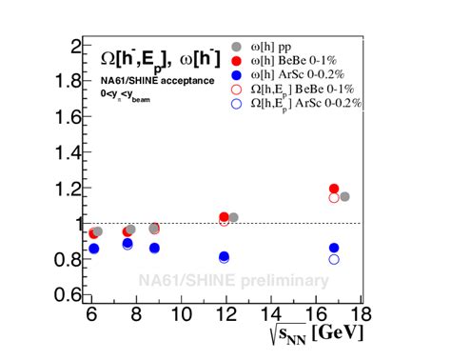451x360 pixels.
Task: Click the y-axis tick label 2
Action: tap(75, 46)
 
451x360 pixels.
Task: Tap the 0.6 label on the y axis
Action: tap(68, 294)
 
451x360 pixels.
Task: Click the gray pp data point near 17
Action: tap(344, 196)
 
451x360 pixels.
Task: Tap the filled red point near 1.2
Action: tap(334, 190)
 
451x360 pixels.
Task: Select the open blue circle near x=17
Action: tap(334, 259)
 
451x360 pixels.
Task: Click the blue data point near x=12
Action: tap(224, 257)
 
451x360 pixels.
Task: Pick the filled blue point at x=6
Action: tap(93, 249)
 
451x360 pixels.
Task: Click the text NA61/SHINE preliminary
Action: tap(233, 281)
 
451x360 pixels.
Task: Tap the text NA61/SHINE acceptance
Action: tap(152, 81)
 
